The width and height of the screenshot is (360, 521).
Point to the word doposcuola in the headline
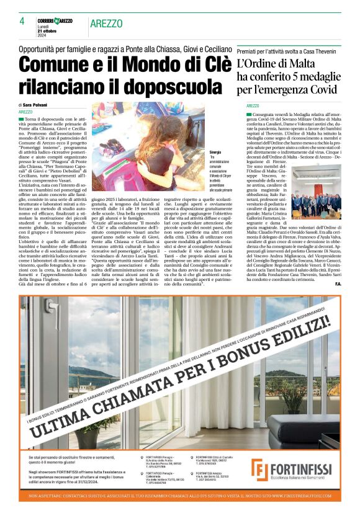coord(163,86)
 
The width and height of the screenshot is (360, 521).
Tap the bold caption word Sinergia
coord(216,152)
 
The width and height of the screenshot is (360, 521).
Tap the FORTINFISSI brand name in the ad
coord(304,466)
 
